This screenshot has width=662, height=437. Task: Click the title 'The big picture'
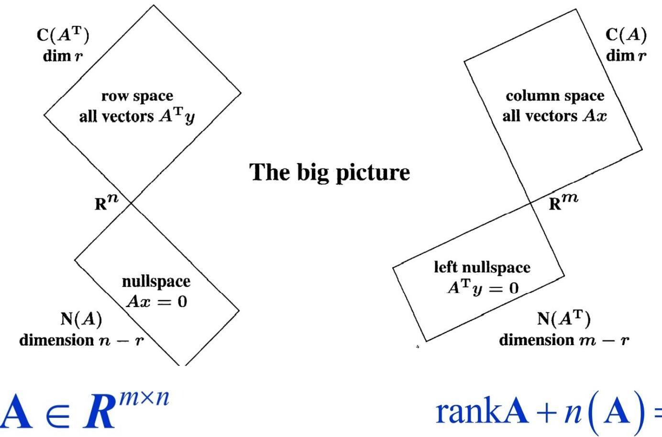[x=330, y=172]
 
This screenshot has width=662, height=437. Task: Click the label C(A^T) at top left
[x=63, y=36]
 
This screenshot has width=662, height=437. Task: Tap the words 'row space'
[x=137, y=96]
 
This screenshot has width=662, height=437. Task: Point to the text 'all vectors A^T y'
[x=137, y=116]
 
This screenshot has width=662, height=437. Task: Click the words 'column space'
[x=555, y=96]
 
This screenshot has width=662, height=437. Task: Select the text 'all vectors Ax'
[x=554, y=116]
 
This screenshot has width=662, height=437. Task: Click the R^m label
[x=563, y=202]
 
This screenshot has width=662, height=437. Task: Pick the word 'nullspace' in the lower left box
[x=156, y=281]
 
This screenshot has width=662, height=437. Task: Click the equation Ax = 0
[x=156, y=302]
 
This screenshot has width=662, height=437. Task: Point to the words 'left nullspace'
[x=482, y=267]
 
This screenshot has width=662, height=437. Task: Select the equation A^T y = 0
[x=483, y=288]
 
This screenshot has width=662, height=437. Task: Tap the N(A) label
[x=81, y=319]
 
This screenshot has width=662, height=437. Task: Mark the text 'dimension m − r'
[x=564, y=340]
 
